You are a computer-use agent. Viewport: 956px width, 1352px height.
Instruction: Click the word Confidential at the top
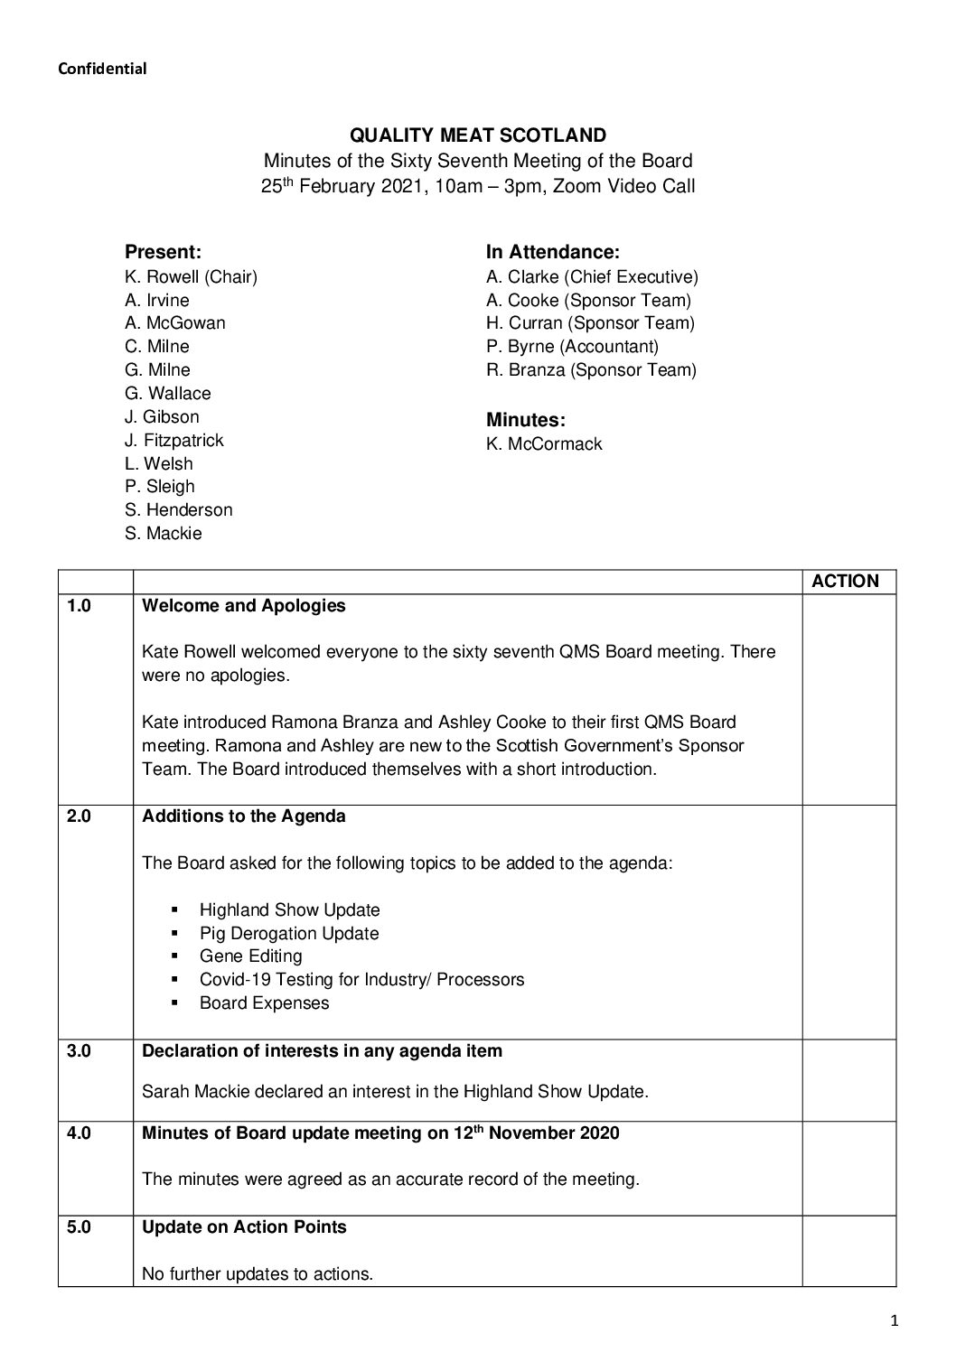(102, 69)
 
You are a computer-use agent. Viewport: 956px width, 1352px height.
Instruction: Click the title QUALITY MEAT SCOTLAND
(478, 136)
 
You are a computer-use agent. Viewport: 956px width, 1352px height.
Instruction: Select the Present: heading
(163, 252)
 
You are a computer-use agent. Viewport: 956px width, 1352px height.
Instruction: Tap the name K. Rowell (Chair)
(191, 277)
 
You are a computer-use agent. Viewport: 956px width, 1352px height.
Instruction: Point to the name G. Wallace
(167, 394)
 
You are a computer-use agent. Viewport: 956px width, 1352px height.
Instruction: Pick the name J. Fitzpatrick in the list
(173, 441)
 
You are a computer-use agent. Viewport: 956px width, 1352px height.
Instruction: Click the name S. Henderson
(178, 510)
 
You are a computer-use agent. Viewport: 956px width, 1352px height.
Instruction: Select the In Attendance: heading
(552, 252)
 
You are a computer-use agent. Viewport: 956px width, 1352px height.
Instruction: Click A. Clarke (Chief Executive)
(592, 277)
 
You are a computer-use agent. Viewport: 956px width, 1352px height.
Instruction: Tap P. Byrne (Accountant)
(572, 347)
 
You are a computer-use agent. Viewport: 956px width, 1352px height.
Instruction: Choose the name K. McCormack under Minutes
(543, 444)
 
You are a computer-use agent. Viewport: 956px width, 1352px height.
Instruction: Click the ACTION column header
(845, 582)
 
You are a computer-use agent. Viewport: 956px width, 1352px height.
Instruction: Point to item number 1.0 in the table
(80, 606)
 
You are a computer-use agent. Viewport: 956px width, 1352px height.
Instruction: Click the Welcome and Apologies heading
(244, 606)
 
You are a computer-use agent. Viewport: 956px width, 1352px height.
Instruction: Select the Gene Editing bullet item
(250, 956)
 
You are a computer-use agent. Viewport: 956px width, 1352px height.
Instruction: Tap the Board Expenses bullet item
(264, 1003)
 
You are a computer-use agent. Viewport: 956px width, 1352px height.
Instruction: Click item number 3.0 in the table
(80, 1051)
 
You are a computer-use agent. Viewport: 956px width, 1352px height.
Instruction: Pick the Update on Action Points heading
(244, 1227)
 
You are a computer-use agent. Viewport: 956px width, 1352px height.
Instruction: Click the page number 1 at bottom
(894, 1322)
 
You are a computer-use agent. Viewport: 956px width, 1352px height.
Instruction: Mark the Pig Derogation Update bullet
(288, 934)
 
